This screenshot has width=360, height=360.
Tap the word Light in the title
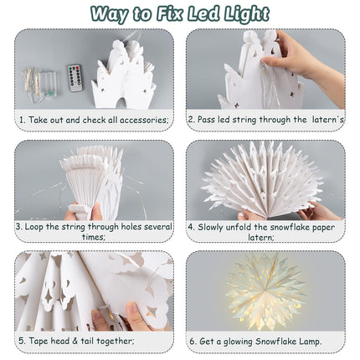point(250,13)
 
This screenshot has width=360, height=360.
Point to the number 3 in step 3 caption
point(18,226)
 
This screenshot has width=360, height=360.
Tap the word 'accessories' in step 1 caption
point(143,120)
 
